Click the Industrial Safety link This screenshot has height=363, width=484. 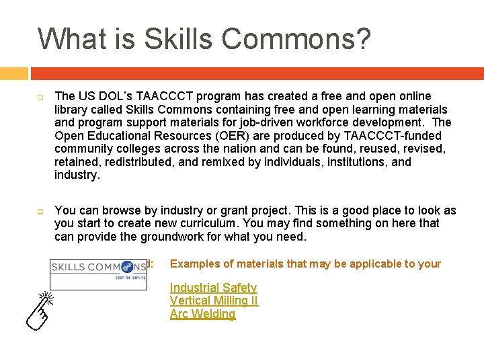213,288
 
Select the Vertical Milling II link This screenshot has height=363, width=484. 214,301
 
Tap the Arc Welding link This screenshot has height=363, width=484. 202,314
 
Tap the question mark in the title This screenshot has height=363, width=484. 362,39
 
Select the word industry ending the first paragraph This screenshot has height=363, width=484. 76,175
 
